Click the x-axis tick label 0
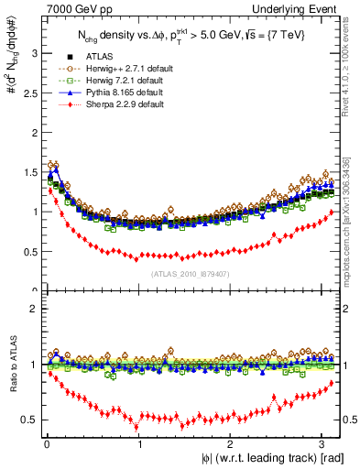point(47,444)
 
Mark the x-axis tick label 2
point(232,444)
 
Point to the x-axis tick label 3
point(324,444)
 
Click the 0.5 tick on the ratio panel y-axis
point(29,420)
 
